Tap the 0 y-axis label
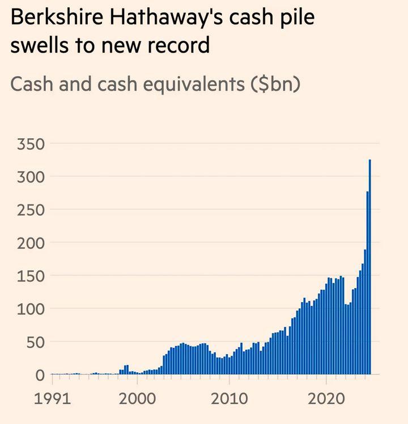pyautogui.click(x=40, y=375)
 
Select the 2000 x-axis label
pyautogui.click(x=137, y=398)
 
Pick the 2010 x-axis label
pyautogui.click(x=230, y=398)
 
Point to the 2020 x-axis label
pyautogui.click(x=326, y=398)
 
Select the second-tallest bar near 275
pyautogui.click(x=367, y=283)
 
